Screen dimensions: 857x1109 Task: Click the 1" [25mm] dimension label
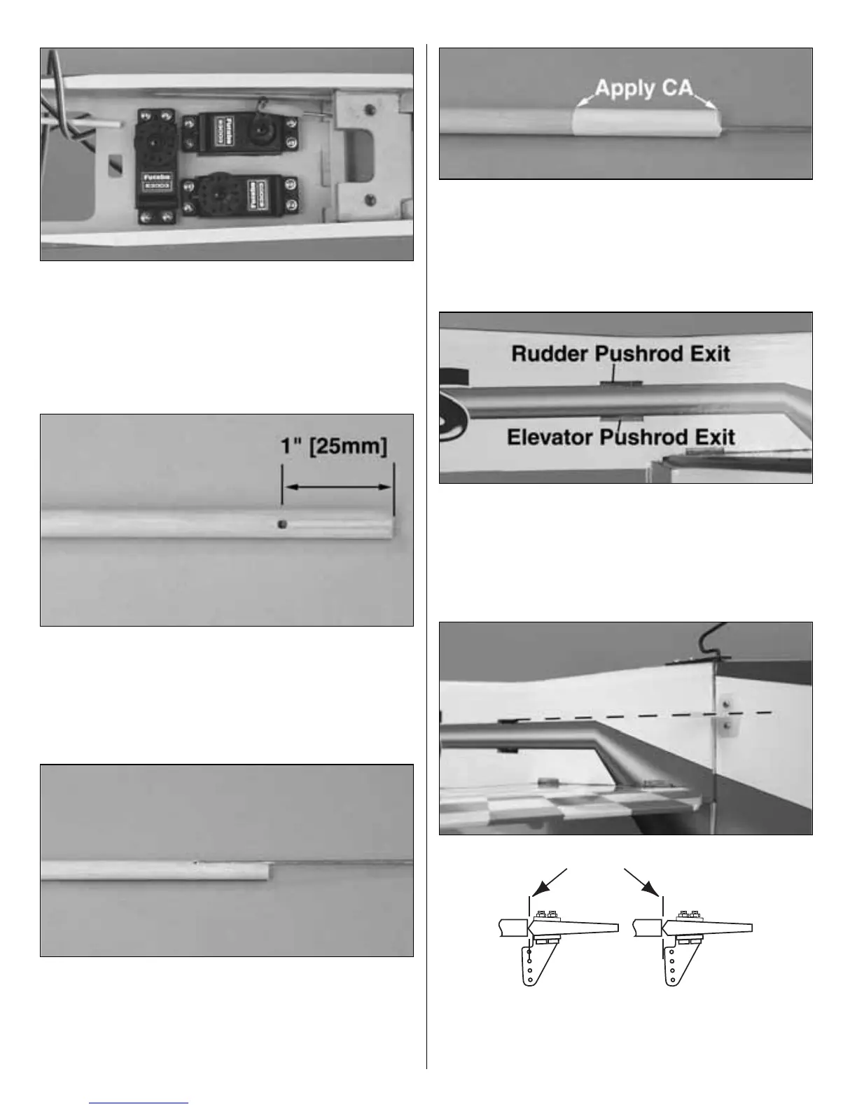[x=337, y=447]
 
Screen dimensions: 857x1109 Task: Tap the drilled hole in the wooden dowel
[x=281, y=524]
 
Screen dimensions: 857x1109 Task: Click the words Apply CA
[x=643, y=89]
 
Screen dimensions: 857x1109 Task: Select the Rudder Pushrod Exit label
[x=620, y=353]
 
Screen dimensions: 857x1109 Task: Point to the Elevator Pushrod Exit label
[x=620, y=438]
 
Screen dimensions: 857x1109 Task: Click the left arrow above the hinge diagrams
[x=551, y=882]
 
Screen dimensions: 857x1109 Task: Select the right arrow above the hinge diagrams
[x=641, y=882]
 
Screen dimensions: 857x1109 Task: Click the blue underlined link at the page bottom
[x=140, y=1103]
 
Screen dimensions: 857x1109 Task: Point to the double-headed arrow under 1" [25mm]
[x=337, y=487]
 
